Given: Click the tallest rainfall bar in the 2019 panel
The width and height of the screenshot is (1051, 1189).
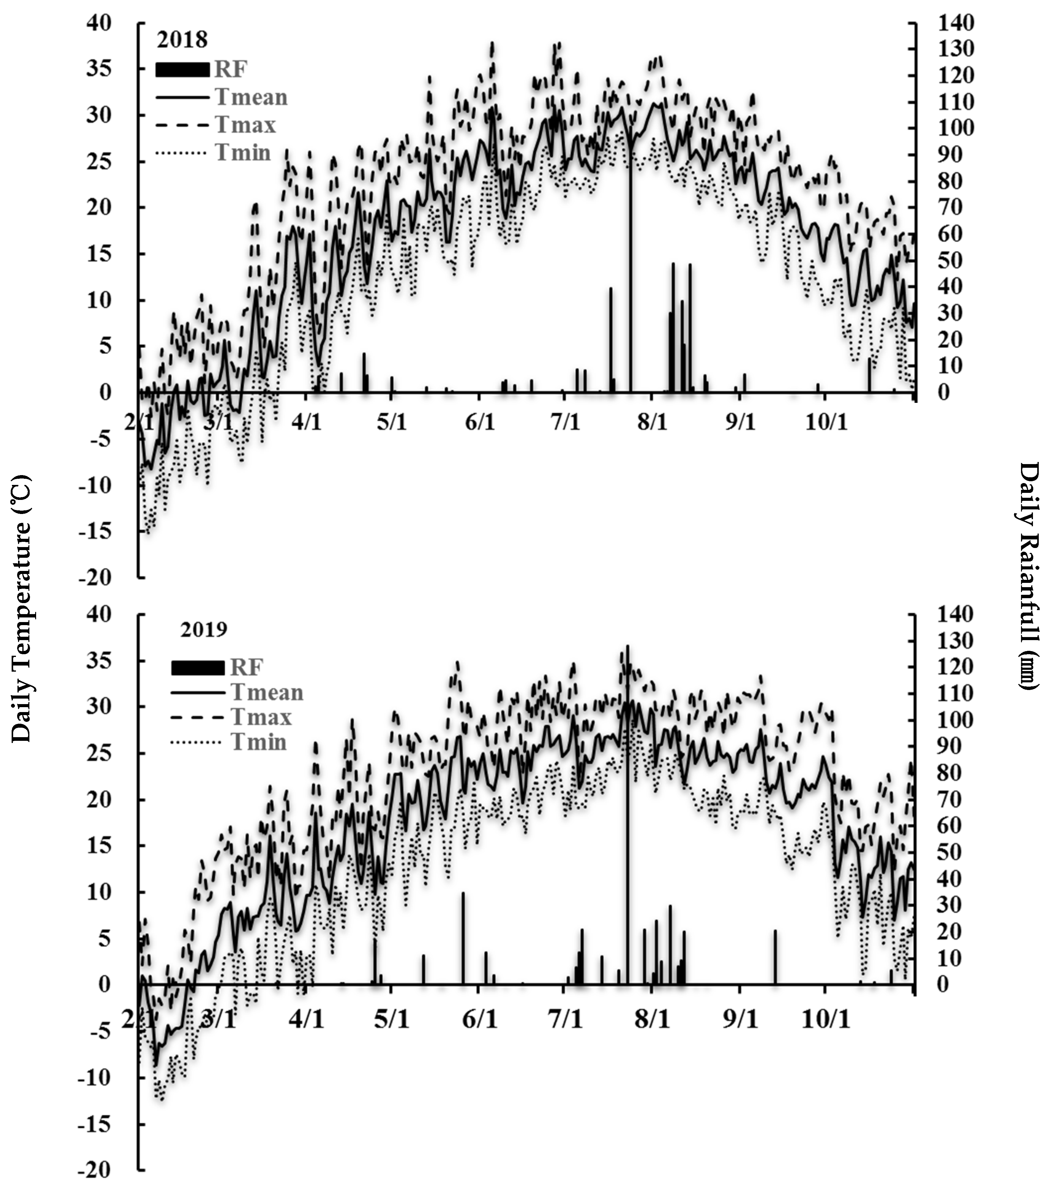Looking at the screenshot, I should (x=628, y=843).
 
